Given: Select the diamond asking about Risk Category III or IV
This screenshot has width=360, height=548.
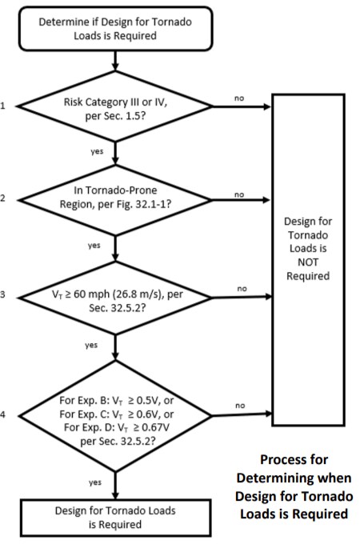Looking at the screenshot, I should [x=117, y=109].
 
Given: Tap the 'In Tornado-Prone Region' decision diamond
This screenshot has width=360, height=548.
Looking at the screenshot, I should [x=117, y=200].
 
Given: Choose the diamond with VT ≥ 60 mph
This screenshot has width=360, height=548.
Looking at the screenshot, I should [x=117, y=298].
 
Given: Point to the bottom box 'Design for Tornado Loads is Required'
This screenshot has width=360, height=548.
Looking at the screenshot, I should [x=117, y=516].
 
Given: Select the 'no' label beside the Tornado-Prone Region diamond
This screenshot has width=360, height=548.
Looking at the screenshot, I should [x=238, y=194].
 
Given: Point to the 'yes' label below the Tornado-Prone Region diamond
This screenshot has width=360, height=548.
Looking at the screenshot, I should [x=94, y=246].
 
